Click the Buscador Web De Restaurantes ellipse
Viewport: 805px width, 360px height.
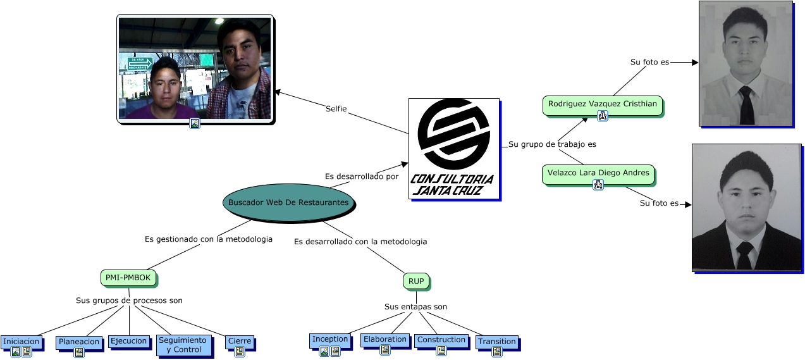[288, 202]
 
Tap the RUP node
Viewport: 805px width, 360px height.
[415, 281]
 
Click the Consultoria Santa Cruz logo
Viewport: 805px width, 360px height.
[453, 149]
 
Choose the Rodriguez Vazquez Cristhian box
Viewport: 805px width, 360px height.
[602, 104]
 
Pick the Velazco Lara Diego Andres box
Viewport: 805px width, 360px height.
[598, 173]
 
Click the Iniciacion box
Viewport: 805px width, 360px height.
[22, 342]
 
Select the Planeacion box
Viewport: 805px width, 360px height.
[79, 342]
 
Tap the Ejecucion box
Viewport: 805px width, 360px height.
[129, 341]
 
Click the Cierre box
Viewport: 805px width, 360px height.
[240, 342]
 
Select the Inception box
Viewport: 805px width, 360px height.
[330, 339]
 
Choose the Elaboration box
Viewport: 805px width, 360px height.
[385, 339]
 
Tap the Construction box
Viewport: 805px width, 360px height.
[441, 340]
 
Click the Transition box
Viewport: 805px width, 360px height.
[497, 342]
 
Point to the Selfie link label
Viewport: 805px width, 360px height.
[336, 109]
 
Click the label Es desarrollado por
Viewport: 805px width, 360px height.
[362, 177]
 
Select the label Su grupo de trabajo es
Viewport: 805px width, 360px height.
[552, 144]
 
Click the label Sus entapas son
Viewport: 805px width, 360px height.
[415, 307]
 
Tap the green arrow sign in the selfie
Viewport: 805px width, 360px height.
[140, 63]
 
